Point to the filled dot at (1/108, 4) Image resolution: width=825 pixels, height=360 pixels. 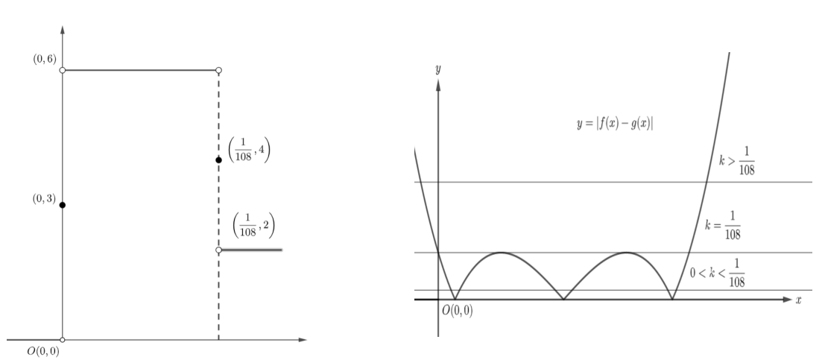(219, 160)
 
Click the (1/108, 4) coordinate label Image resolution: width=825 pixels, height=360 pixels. (249, 150)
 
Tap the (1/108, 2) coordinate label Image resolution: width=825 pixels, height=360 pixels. (253, 225)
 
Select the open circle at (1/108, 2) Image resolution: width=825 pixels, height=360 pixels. (219, 250)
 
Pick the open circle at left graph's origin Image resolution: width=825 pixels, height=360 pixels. (63, 340)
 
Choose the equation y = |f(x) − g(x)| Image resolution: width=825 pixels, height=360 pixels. (615, 124)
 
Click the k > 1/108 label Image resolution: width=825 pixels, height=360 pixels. (736, 160)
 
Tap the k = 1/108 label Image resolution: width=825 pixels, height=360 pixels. (723, 225)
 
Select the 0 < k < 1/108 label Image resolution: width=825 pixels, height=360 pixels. (718, 273)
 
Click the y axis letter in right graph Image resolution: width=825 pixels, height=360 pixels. (438, 69)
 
